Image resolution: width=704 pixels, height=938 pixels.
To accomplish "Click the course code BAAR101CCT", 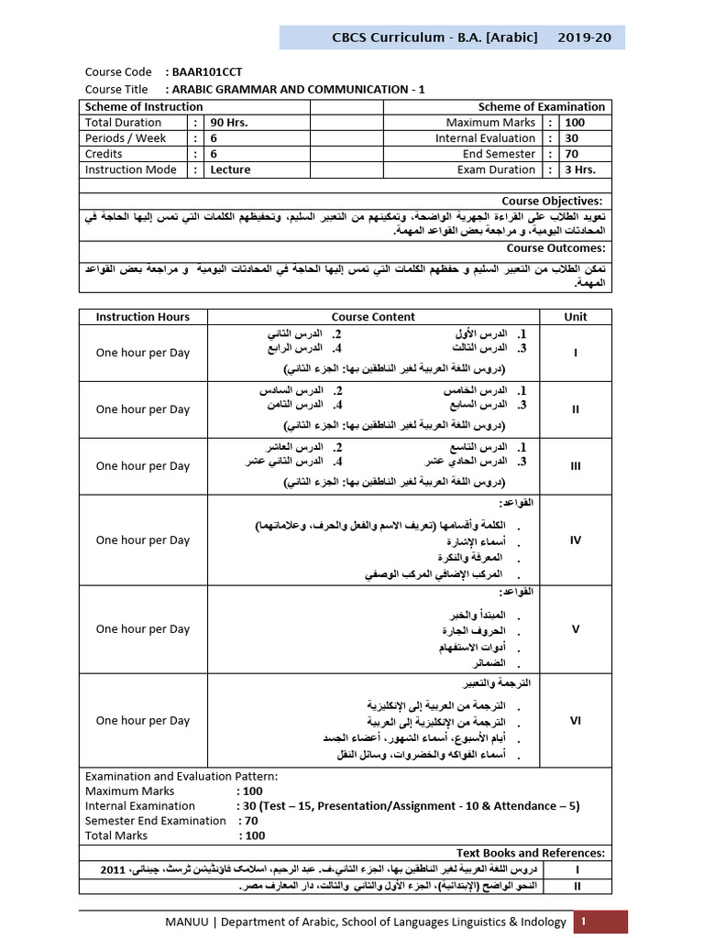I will (x=207, y=71).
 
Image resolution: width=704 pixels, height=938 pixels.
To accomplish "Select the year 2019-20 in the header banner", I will (x=596, y=38).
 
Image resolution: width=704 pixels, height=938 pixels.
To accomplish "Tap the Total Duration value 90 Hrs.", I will (x=229, y=123).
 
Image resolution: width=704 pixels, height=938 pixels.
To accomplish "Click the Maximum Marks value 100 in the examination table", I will (x=575, y=123).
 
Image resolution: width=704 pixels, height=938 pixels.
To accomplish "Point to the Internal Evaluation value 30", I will (x=572, y=138).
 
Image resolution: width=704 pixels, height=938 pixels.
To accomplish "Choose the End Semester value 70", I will (x=572, y=154).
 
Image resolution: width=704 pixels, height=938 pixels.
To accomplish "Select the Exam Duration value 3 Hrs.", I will (x=579, y=169).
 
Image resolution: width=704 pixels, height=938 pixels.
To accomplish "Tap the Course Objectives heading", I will (x=553, y=201).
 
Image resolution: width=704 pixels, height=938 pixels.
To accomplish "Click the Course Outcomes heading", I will (x=555, y=248).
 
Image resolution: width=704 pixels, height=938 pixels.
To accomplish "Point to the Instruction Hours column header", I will (x=143, y=317).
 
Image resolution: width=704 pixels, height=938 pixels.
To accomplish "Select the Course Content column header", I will (x=373, y=317).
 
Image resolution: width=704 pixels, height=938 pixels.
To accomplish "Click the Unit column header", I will (x=576, y=317).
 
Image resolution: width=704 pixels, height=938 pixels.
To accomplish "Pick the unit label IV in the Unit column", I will (x=576, y=540).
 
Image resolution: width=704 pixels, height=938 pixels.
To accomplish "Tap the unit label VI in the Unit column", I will (x=576, y=721).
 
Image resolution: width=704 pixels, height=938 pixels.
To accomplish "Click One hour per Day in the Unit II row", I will (x=143, y=409).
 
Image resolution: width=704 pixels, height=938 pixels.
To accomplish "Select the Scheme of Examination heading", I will (x=542, y=107).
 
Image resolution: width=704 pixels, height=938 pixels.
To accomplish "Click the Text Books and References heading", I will (x=531, y=853).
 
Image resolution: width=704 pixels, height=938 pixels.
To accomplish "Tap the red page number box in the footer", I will (x=600, y=922).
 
